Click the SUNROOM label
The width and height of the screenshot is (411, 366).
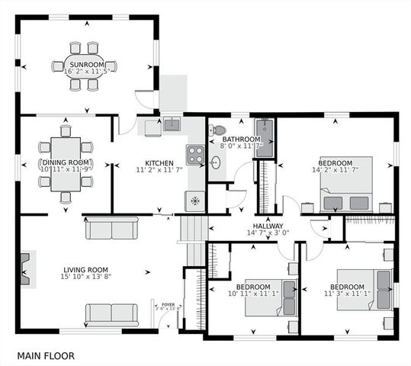pyautogui.click(x=87, y=65)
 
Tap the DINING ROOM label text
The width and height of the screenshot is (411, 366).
pyautogui.click(x=66, y=162)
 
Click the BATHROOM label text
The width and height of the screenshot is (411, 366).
pyautogui.click(x=241, y=140)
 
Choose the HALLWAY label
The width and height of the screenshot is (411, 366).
pyautogui.click(x=268, y=226)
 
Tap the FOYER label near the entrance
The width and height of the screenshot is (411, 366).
pyautogui.click(x=168, y=305)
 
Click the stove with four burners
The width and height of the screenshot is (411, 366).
pyautogui.click(x=196, y=156)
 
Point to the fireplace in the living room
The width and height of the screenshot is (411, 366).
pyautogui.click(x=27, y=270)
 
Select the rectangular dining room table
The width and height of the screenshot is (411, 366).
pyautogui.click(x=66, y=163)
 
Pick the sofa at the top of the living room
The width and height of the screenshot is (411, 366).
pyautogui.click(x=111, y=227)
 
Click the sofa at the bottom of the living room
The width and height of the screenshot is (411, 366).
pyautogui.click(x=111, y=313)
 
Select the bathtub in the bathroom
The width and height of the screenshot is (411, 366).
pyautogui.click(x=265, y=137)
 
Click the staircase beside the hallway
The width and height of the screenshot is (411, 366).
pyautogui.click(x=191, y=228)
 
